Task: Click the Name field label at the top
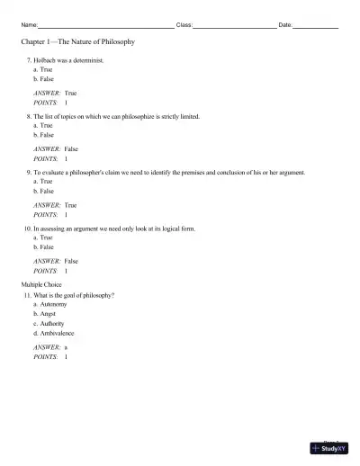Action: [x=28, y=24]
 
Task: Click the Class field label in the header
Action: [x=184, y=24]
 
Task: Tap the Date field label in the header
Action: [x=285, y=24]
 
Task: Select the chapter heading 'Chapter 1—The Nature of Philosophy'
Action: [x=77, y=42]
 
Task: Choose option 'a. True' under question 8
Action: [x=42, y=126]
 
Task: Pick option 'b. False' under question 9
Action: [x=43, y=191]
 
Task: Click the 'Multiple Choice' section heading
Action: [x=42, y=284]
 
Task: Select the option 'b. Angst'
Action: [x=45, y=314]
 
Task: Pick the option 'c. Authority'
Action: [x=49, y=324]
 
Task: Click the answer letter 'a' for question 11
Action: [x=66, y=347]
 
